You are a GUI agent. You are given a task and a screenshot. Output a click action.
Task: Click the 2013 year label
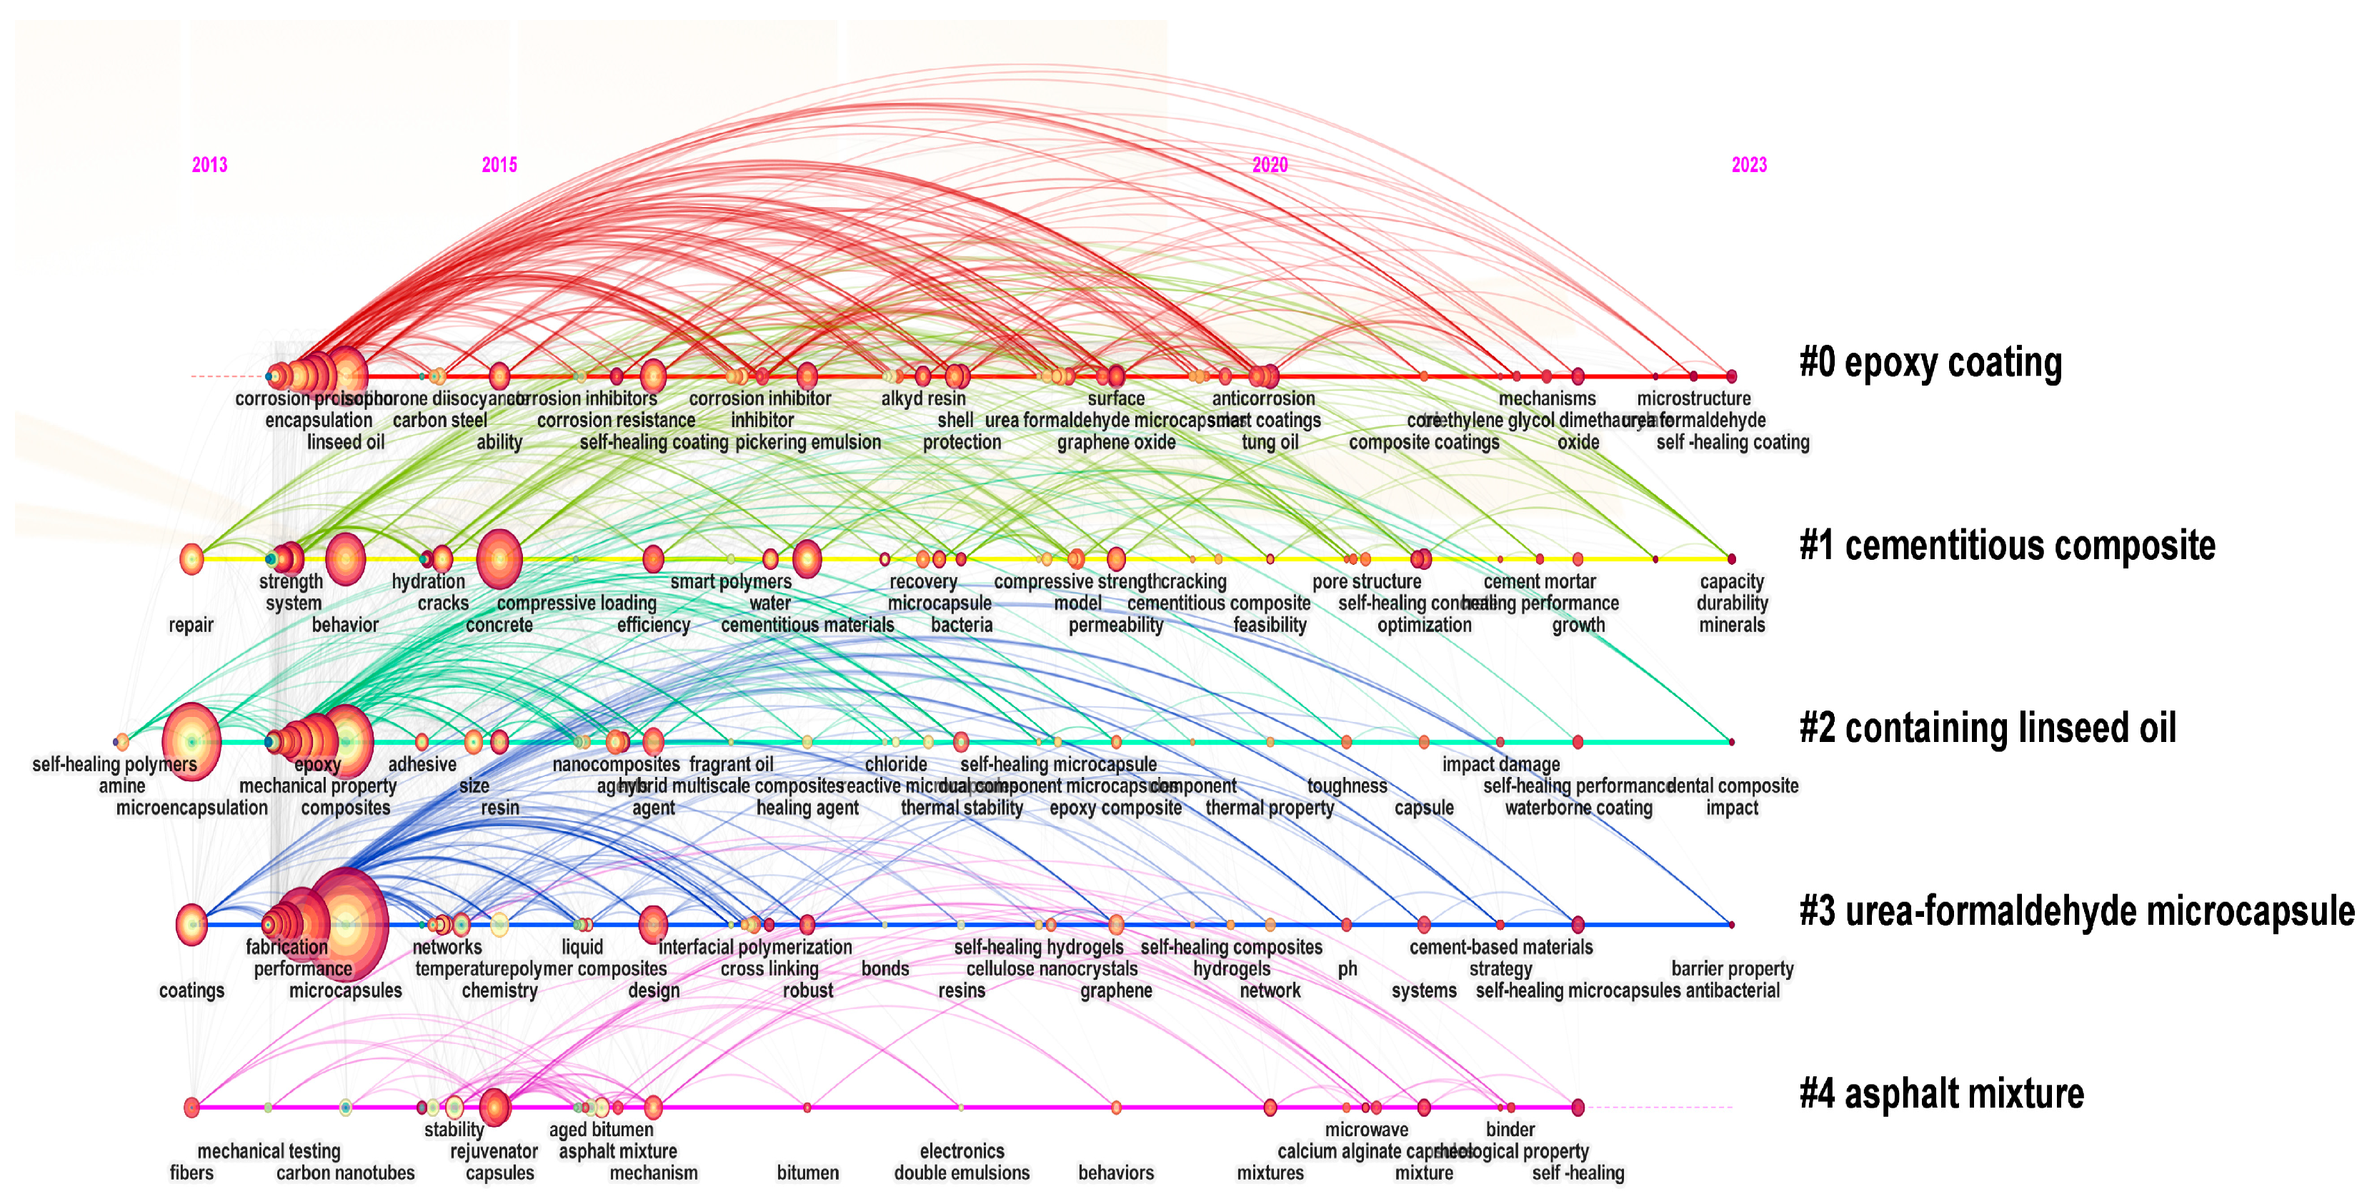(209, 165)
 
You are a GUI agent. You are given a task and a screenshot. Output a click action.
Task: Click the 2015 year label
(499, 165)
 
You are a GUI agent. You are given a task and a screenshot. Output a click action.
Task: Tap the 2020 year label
(1269, 165)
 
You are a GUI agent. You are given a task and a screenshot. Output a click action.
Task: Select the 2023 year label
(1748, 165)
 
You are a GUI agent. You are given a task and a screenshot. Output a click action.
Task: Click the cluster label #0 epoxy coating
(1930, 363)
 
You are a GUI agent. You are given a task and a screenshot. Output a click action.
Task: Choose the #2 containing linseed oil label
(1987, 728)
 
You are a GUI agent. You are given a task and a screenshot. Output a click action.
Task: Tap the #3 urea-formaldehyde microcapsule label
(2076, 911)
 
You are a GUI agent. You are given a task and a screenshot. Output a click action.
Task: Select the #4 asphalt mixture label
(1941, 1093)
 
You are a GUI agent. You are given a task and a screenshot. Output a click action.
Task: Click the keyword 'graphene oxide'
(1116, 443)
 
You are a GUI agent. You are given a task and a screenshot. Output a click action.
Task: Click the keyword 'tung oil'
(1270, 443)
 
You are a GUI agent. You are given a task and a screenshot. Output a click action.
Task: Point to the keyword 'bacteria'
(962, 625)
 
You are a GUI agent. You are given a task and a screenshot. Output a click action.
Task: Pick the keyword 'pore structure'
(1367, 582)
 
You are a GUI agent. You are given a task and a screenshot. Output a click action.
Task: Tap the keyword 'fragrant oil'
(731, 765)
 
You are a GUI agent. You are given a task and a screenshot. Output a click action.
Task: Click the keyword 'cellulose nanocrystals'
(1052, 969)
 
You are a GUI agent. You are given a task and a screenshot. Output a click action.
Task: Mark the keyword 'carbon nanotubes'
(345, 1173)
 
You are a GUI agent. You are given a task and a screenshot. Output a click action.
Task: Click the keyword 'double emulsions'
(962, 1173)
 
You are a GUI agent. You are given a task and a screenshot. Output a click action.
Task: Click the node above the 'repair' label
(191, 558)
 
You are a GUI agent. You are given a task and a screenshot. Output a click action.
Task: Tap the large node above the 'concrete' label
(499, 558)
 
